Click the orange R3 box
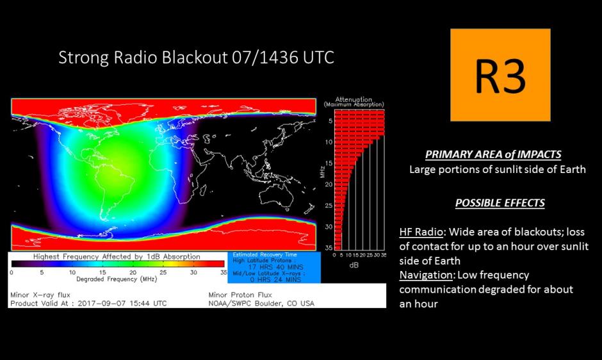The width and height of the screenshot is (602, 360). pyautogui.click(x=500, y=75)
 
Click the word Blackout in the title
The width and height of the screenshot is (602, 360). pyautogui.click(x=194, y=57)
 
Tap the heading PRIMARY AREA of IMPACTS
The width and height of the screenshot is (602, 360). pyautogui.click(x=493, y=154)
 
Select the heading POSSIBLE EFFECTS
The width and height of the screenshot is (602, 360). pyautogui.click(x=500, y=203)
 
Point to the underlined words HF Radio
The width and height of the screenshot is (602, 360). pyautogui.click(x=421, y=232)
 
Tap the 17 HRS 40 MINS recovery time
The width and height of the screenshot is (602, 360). pyautogui.click(x=275, y=266)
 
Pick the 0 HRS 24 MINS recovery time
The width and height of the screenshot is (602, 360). pyautogui.click(x=275, y=279)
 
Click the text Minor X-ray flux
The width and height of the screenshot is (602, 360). pyautogui.click(x=40, y=295)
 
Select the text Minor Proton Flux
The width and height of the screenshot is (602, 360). pyautogui.click(x=240, y=295)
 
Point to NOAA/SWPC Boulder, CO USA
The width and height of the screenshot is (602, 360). pyautogui.click(x=261, y=304)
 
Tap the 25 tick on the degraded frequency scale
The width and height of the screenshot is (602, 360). pyautogui.click(x=163, y=272)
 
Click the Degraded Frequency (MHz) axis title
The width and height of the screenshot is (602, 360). pyautogui.click(x=117, y=279)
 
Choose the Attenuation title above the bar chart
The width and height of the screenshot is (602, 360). pyautogui.click(x=354, y=99)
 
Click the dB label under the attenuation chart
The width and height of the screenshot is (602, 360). pyautogui.click(x=354, y=265)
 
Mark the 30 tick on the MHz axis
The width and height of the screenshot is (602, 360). pyautogui.click(x=329, y=227)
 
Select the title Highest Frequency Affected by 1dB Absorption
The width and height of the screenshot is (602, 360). pyautogui.click(x=117, y=256)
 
